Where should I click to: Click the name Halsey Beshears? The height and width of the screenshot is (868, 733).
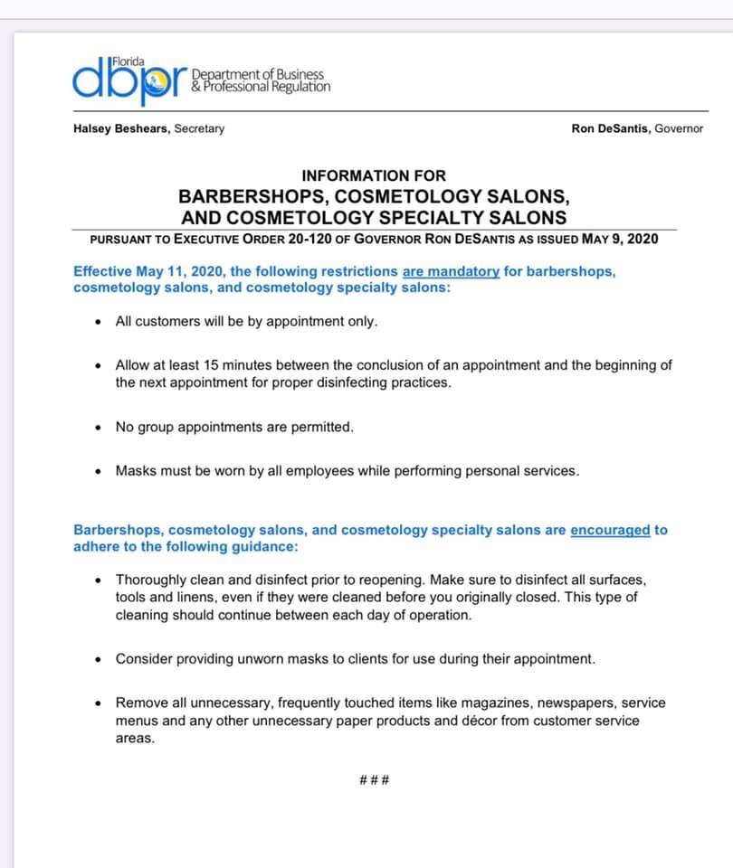pyautogui.click(x=121, y=128)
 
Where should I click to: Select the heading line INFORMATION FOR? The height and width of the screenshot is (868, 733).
pyautogui.click(x=374, y=175)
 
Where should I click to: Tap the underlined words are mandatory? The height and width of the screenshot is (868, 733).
pyautogui.click(x=451, y=270)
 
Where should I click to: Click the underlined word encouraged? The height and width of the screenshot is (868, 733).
pyautogui.click(x=609, y=530)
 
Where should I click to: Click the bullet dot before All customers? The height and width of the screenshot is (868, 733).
pyautogui.click(x=99, y=322)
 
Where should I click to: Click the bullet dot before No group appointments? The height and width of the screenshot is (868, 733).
pyautogui.click(x=99, y=428)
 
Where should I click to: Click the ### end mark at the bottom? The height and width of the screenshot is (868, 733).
pyautogui.click(x=374, y=779)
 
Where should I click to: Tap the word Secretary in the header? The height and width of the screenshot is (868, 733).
pyautogui.click(x=199, y=128)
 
